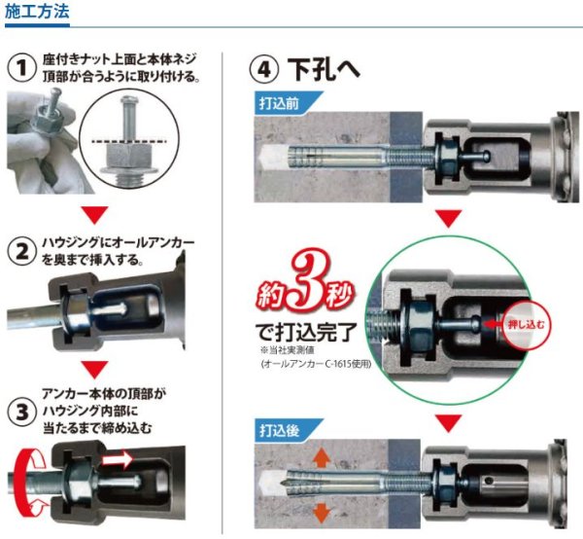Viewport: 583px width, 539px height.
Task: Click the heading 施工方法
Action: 37,11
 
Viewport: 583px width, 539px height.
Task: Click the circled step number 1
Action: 22,68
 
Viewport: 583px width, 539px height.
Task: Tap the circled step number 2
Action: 22,252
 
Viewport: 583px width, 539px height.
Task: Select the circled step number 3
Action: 22,413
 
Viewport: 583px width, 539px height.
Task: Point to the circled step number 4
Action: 263,70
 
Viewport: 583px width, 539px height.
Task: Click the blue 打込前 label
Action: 279,103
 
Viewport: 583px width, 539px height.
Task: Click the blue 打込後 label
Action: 279,430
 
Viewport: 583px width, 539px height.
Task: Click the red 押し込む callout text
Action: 526,325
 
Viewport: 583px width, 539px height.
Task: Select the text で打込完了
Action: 306,333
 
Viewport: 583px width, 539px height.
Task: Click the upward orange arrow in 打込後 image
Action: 322,457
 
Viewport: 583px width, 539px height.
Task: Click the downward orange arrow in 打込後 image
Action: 322,514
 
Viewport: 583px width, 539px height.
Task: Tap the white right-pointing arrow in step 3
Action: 118,459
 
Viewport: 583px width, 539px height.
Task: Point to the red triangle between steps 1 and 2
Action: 95,215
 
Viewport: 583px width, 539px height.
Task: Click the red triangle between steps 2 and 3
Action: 95,370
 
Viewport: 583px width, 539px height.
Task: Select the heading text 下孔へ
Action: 324,69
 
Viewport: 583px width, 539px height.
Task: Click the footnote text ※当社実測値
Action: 287,350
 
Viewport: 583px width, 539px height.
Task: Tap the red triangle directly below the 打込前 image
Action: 448,218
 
